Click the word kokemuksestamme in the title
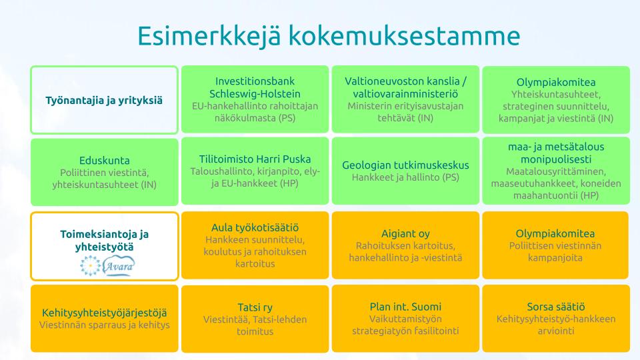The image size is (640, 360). (x=405, y=36)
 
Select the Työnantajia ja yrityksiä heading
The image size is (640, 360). (x=104, y=101)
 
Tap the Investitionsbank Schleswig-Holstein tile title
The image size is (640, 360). (x=255, y=87)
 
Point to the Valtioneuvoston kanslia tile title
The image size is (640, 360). (x=406, y=87)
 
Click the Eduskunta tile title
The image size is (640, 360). (x=105, y=161)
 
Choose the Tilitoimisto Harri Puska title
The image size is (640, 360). (x=255, y=159)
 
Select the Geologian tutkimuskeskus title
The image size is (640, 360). (x=405, y=165)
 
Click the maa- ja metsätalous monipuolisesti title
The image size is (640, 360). (x=556, y=153)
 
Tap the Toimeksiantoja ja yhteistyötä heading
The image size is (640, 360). (x=105, y=241)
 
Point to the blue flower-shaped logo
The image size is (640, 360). (x=91, y=265)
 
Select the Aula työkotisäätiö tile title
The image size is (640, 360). (x=255, y=228)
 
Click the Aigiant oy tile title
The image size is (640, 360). (x=405, y=234)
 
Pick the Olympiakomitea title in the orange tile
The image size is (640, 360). (x=555, y=234)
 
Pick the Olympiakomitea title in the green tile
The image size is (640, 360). (x=556, y=83)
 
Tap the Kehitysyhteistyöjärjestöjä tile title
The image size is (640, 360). (x=105, y=313)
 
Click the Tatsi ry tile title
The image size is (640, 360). (x=255, y=307)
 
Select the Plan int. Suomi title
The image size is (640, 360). (x=405, y=307)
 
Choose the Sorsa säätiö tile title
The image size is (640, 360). (x=556, y=307)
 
